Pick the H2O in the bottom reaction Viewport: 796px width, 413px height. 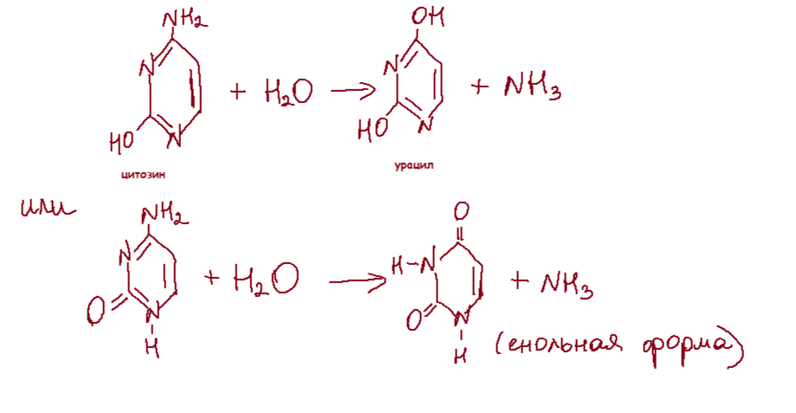point(264,279)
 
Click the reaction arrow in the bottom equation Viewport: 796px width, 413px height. point(356,281)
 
